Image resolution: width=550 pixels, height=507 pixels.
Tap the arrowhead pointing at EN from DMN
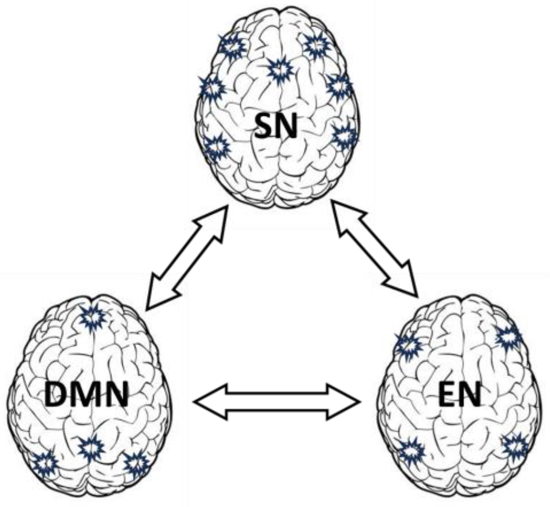click(344, 402)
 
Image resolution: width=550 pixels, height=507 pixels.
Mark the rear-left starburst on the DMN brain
click(45, 463)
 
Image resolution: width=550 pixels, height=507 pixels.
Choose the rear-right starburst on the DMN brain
click(136, 464)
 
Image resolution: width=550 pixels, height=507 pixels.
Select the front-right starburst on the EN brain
click(509, 337)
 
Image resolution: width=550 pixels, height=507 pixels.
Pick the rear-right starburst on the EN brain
click(515, 446)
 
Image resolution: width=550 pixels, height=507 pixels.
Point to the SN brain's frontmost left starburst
click(232, 47)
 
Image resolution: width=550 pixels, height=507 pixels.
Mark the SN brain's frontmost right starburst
click(316, 45)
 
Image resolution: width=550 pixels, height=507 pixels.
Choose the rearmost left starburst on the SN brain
click(217, 147)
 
